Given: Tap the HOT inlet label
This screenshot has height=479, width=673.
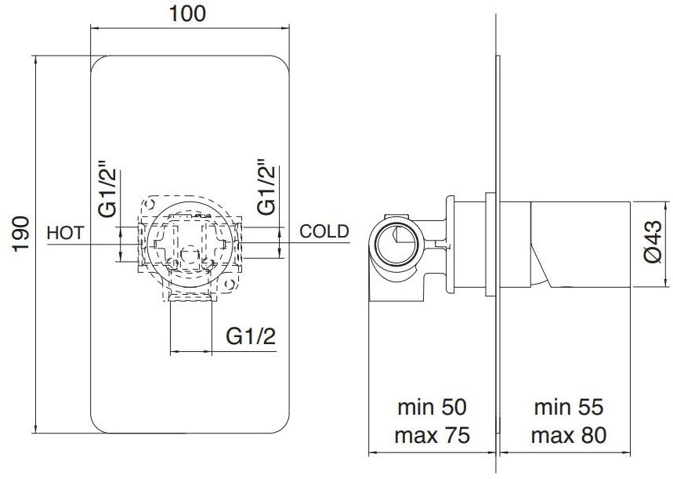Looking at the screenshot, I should tap(65, 233).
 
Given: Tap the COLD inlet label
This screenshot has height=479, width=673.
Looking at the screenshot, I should tap(324, 232).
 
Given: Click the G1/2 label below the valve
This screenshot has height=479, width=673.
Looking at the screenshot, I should tap(251, 336).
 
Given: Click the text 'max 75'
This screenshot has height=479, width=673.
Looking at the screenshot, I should tap(432, 435).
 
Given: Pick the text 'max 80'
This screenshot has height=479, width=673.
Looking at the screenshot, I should tap(569, 435).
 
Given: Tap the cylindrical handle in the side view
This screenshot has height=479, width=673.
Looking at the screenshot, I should tap(580, 243).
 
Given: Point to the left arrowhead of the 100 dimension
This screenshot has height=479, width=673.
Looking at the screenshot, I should tap(94, 27).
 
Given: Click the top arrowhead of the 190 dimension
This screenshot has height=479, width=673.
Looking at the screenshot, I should tap(36, 58).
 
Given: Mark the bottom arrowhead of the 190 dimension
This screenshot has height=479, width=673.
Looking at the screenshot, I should tap(36, 433).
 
